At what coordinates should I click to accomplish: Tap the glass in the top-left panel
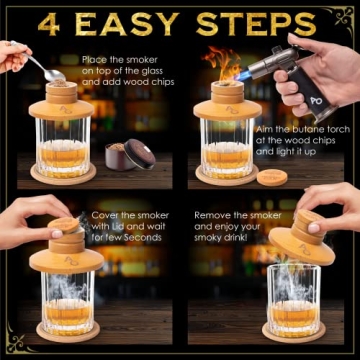[60, 145]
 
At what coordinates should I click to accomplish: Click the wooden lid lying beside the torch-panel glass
[271, 177]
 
